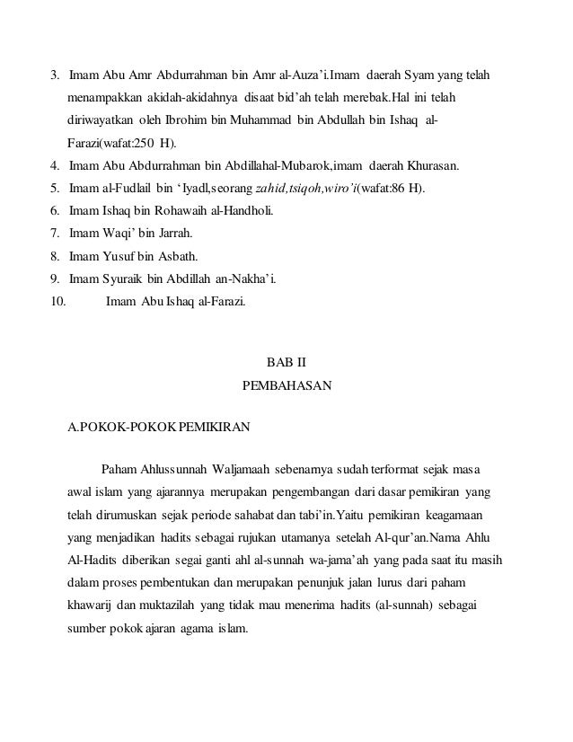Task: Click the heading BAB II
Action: tap(286, 363)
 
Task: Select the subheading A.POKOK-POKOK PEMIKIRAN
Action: tap(159, 428)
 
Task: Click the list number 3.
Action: tap(55, 73)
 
